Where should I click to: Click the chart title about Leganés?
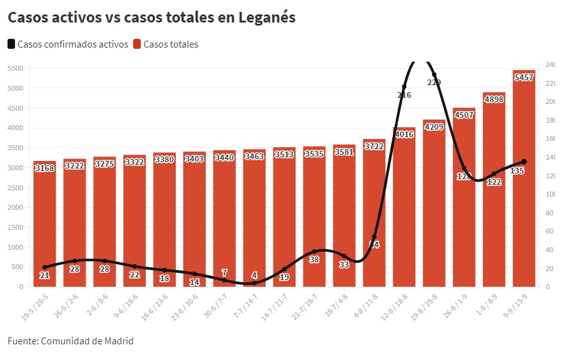coord(151,18)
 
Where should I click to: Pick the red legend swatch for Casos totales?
coord(137,44)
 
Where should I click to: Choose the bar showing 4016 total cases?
coord(404,207)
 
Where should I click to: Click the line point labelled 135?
coord(524,162)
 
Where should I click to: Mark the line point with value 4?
coord(254,283)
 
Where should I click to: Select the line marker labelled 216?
coord(404,86)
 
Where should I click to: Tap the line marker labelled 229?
coord(434,75)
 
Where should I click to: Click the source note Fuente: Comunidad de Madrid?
coord(71,341)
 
